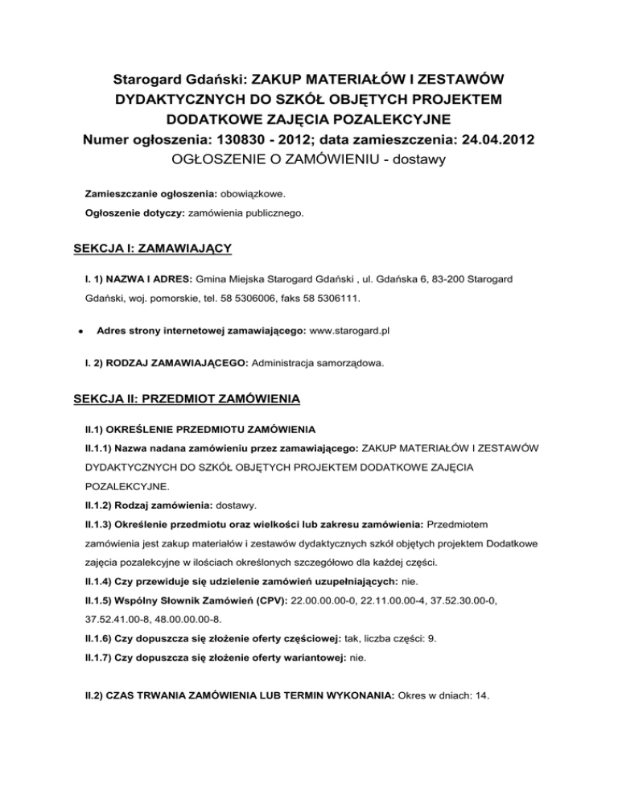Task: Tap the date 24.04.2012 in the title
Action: [492, 142]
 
